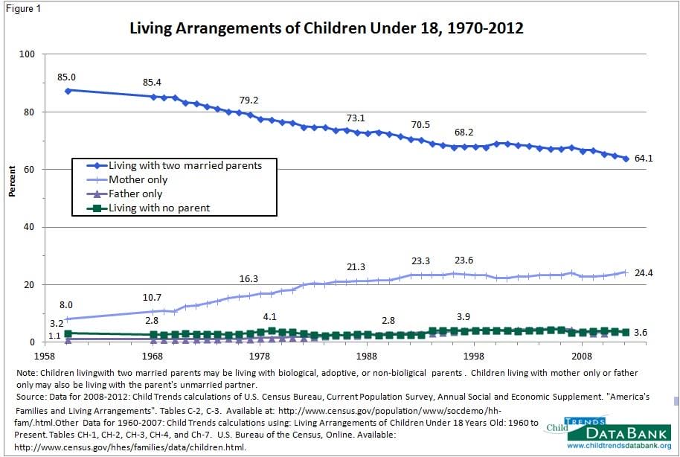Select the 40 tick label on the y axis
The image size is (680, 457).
[x=30, y=227]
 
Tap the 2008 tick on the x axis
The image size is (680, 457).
[x=582, y=357]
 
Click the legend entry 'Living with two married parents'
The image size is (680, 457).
[x=185, y=165]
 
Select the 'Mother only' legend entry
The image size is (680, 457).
[x=138, y=179]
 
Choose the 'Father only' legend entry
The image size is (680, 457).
[x=135, y=194]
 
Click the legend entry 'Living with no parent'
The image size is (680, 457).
[x=159, y=208]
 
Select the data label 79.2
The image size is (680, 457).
[x=248, y=100]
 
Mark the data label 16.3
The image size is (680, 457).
[x=248, y=278]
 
